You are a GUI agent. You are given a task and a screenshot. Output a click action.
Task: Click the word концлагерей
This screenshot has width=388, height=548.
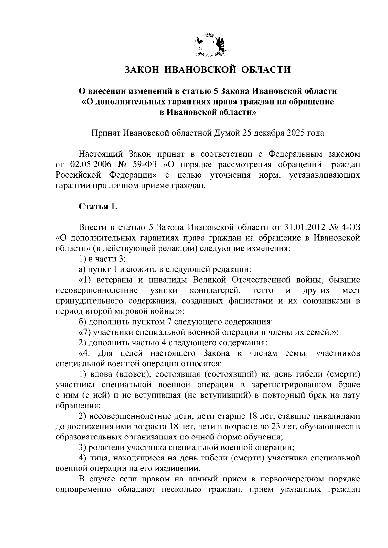pos(215,290)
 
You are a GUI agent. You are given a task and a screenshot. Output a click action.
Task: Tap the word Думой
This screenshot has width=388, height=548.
pos(225,133)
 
